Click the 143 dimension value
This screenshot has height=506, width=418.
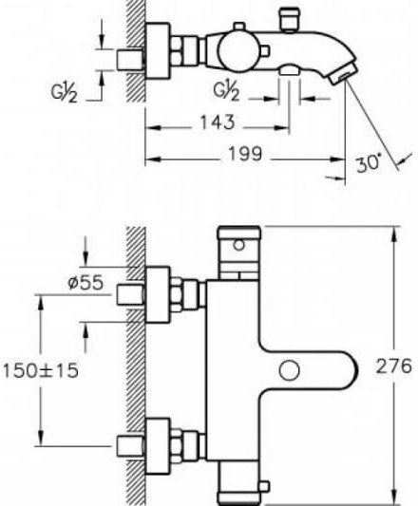218,122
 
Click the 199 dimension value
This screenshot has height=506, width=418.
245,154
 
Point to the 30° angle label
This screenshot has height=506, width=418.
369,163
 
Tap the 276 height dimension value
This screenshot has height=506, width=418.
394,366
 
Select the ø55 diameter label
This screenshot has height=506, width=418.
85,282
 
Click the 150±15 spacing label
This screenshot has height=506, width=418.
41,370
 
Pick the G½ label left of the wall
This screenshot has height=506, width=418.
64,93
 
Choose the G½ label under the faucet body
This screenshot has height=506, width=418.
226,91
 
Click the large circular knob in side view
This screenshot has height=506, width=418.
238,51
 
